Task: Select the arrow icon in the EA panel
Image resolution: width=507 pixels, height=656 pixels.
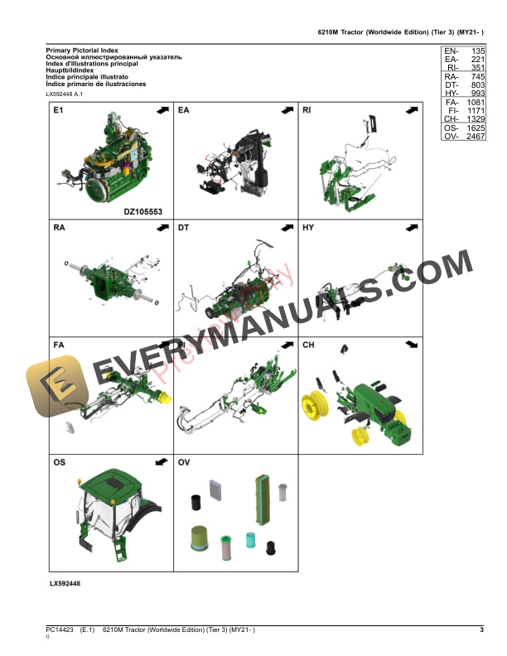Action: point(285,110)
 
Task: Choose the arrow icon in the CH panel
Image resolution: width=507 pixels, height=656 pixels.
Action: point(409,345)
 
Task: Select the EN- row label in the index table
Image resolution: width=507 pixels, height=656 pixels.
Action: point(451,51)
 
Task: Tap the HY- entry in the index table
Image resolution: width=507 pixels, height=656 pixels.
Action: point(451,93)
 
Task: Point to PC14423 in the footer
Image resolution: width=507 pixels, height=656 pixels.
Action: point(60,631)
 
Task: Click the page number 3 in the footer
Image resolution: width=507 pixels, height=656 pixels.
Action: point(481,631)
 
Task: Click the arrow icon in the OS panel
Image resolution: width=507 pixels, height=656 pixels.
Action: point(161,462)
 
